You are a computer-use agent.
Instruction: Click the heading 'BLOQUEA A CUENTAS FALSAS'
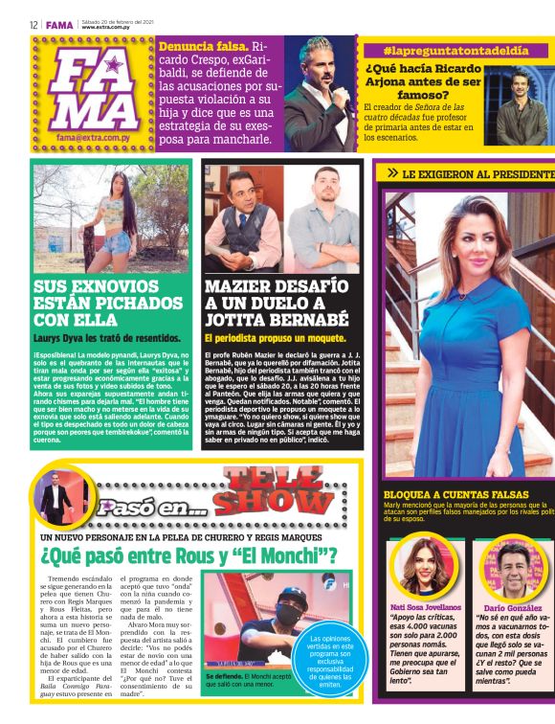(x=442, y=494)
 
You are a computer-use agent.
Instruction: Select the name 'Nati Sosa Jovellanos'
(x=425, y=607)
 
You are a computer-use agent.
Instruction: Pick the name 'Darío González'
(x=512, y=607)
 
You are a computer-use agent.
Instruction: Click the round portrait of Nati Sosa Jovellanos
(x=423, y=565)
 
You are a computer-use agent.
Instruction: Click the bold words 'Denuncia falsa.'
(x=203, y=45)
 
